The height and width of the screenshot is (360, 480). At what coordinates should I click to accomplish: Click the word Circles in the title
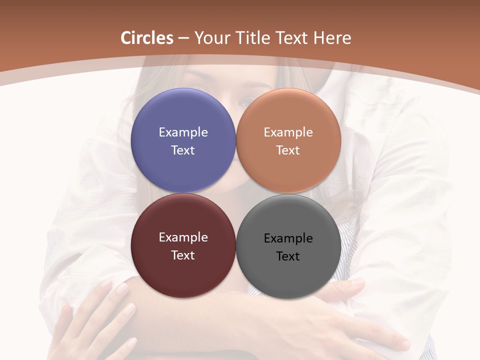147,38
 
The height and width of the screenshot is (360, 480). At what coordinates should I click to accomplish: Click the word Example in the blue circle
183,132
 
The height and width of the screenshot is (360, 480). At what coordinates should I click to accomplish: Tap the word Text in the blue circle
183,150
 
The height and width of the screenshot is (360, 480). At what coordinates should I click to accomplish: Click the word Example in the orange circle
288,132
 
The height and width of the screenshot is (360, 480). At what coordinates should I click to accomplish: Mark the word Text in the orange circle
288,150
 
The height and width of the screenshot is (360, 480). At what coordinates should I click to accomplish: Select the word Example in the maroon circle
183,237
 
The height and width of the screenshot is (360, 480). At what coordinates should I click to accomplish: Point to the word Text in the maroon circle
183,255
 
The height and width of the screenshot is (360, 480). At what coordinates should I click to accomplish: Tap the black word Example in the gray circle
288,238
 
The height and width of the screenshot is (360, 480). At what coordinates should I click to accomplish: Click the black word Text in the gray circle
288,256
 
